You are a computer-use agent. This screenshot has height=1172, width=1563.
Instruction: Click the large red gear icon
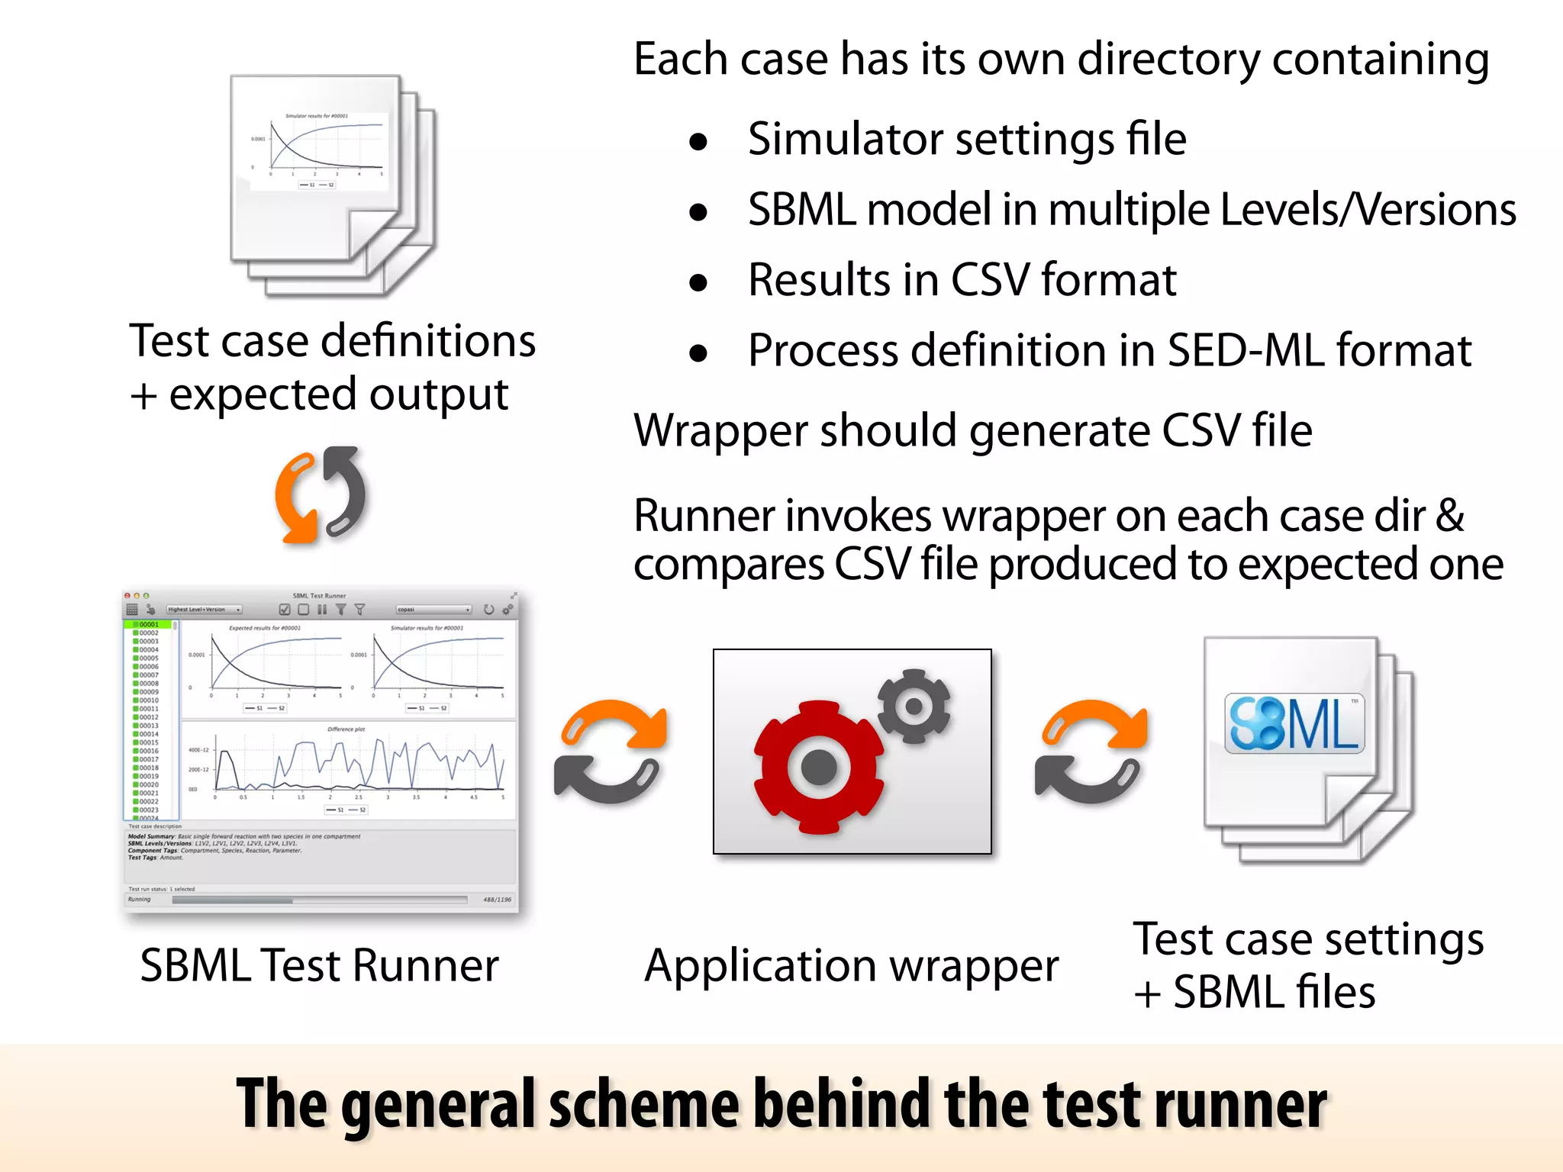(819, 767)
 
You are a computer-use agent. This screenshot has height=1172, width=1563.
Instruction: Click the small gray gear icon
(914, 706)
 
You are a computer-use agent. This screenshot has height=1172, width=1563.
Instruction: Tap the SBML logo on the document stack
(1294, 723)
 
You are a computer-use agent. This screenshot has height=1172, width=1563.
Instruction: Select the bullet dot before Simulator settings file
(698, 142)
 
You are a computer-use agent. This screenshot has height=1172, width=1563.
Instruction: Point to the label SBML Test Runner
(319, 965)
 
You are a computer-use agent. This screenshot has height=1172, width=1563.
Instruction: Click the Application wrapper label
(851, 966)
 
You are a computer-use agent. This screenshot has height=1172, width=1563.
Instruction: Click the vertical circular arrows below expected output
(321, 494)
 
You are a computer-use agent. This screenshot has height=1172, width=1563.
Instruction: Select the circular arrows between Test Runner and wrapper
(611, 752)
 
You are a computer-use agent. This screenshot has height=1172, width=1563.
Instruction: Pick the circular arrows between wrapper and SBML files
(1091, 752)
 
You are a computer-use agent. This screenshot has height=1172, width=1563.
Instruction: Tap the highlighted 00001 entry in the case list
(149, 624)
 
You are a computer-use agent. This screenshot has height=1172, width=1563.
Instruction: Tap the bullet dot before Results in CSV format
(698, 283)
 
